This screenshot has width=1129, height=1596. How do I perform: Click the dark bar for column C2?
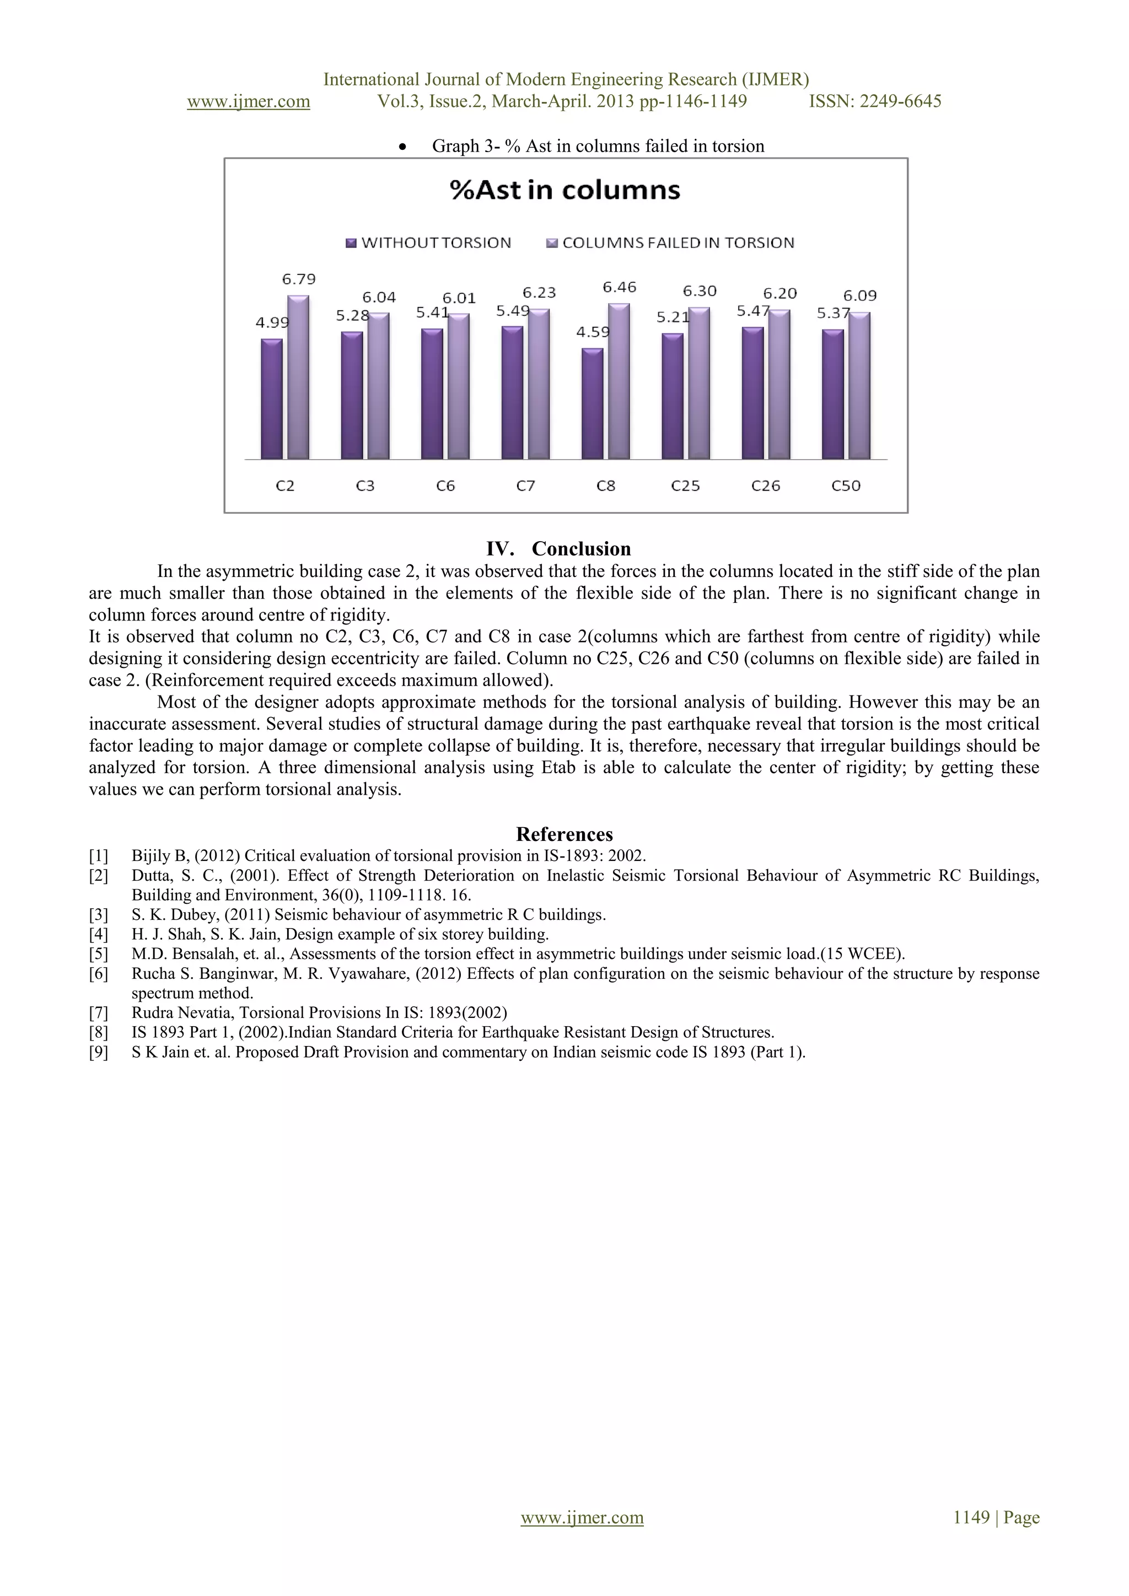[272, 399]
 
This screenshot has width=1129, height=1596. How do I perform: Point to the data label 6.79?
[299, 279]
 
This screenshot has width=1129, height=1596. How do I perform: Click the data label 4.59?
[592, 332]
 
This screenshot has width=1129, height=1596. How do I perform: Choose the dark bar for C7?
[512, 393]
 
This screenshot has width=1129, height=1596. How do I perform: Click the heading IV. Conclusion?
[558, 549]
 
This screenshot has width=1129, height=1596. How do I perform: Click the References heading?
[564, 834]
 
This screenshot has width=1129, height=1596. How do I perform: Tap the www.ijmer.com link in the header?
[248, 101]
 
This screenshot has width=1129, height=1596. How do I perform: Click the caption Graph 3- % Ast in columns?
[598, 146]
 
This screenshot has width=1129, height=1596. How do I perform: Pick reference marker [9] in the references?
[98, 1052]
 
